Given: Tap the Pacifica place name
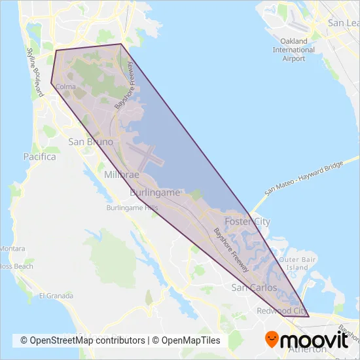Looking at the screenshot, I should pos(39,157).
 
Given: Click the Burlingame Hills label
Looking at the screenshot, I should pos(133,208).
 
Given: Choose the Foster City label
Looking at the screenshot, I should pos(247,222).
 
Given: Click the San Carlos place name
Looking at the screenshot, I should pos(255,288).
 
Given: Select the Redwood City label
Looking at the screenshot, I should pos(282,310).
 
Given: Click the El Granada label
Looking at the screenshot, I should pos(54,296).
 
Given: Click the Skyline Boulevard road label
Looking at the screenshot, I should pos(33,65).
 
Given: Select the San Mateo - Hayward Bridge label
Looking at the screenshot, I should pos(304,177).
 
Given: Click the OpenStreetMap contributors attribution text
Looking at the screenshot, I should pos(82,340).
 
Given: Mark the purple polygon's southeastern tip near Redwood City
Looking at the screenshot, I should pos(308,317).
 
